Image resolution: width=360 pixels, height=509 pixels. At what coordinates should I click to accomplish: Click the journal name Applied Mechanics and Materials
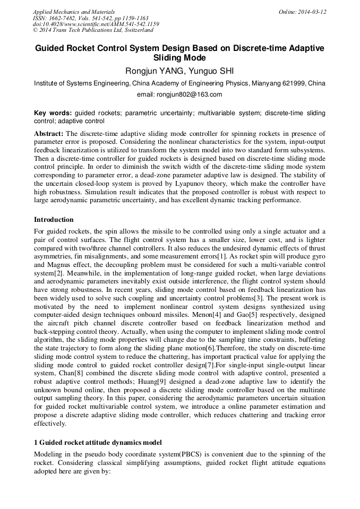pos(73,11)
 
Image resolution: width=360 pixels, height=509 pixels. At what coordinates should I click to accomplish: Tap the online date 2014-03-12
pos(313,11)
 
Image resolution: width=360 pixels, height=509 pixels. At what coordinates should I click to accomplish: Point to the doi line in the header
pos(96,24)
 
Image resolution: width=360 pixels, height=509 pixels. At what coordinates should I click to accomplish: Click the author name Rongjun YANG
pos(150,71)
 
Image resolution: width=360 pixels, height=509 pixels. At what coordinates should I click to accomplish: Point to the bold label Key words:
pos(53,113)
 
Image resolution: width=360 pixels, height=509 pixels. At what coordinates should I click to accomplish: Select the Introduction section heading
pos(54,220)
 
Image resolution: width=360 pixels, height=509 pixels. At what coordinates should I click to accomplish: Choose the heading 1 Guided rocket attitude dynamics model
pos(98,443)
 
